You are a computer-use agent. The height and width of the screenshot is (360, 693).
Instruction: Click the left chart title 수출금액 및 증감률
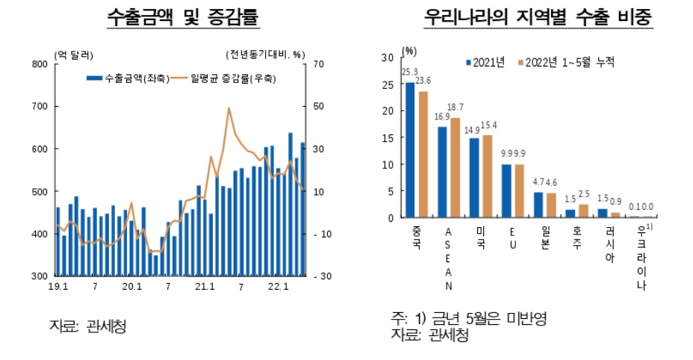pos(183,17)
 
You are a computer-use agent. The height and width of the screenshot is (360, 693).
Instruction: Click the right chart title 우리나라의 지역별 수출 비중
pos(538,17)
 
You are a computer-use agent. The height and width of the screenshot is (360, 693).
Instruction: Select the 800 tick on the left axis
pos(40,64)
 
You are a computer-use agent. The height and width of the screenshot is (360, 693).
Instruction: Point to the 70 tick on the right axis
pos(319,64)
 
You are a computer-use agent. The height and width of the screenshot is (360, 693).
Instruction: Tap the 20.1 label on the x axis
pos(131,287)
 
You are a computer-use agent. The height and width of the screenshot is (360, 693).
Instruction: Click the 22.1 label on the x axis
pos(278,287)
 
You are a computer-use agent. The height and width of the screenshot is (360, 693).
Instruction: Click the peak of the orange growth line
pos(229,108)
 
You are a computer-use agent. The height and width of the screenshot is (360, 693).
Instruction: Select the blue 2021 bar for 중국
pos(410,150)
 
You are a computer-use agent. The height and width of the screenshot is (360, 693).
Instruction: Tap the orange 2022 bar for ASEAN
pos(456,167)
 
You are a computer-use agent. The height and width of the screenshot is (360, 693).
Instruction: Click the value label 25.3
pos(410,72)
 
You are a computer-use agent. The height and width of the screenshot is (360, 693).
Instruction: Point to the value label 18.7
pos(456,108)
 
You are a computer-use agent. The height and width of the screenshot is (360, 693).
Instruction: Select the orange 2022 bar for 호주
pos(583,211)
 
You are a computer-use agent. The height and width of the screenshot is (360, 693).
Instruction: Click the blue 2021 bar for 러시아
pos(603,214)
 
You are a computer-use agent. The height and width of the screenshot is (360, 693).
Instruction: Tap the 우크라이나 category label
pos(641,258)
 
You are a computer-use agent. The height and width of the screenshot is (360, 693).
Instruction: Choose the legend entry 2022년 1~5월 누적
pos(566,62)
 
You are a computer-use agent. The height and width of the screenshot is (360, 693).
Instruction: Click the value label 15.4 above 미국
pos(488,125)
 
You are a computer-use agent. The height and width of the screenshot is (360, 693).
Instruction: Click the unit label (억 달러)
pos(73,55)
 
